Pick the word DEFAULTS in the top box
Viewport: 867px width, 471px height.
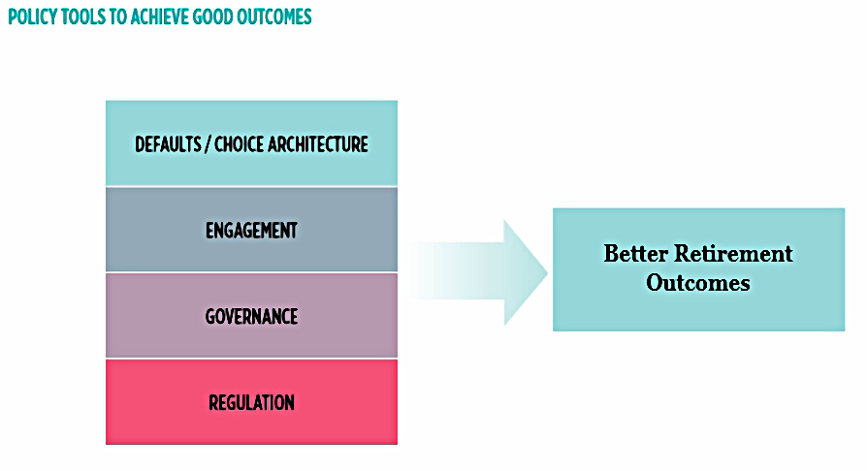pos(168,144)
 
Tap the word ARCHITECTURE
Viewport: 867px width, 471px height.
pos(318,144)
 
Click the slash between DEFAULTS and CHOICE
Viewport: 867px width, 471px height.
pos(208,144)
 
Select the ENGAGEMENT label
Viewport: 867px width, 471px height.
pos(251,231)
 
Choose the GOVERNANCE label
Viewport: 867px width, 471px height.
pos(251,317)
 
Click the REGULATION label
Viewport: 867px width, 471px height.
pos(251,402)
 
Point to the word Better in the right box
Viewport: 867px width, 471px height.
pos(636,254)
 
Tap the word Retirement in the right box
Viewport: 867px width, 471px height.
pos(734,254)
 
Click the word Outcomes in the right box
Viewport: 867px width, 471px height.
pos(698,283)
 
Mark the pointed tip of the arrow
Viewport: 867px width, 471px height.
pos(547,272)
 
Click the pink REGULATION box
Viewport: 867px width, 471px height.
pos(251,402)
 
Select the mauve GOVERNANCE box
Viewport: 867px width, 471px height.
pos(251,316)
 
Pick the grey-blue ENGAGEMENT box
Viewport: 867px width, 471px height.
pos(251,230)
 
